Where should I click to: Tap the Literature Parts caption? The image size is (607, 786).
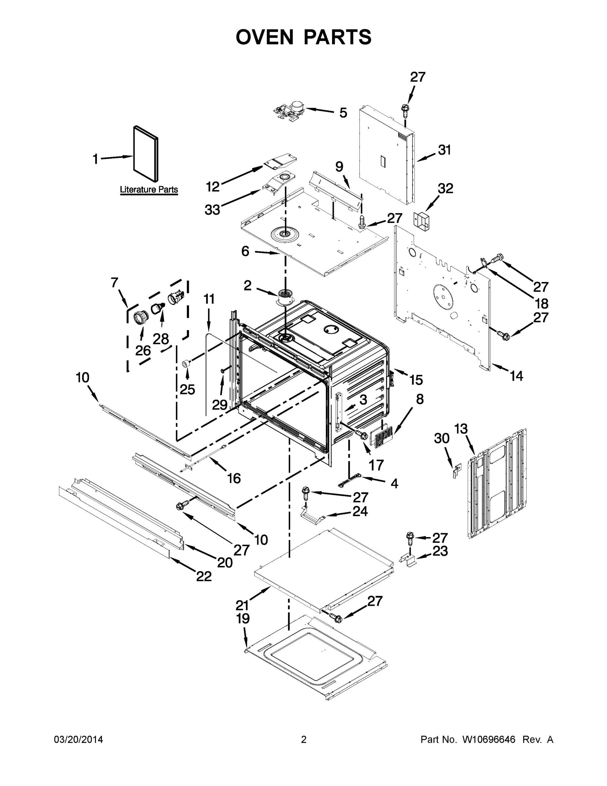pos(149,189)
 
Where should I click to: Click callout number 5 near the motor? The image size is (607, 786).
pos(343,113)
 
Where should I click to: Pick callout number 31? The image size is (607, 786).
pos(444,150)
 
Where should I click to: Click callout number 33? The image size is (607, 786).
pos(212,210)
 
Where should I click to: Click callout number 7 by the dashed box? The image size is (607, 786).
pos(114,283)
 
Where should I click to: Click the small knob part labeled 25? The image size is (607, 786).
pos(186,363)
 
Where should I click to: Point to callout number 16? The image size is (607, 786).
pos(234,478)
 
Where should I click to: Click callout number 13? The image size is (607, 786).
pos(461,429)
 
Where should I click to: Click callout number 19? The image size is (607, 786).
pos(243,619)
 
